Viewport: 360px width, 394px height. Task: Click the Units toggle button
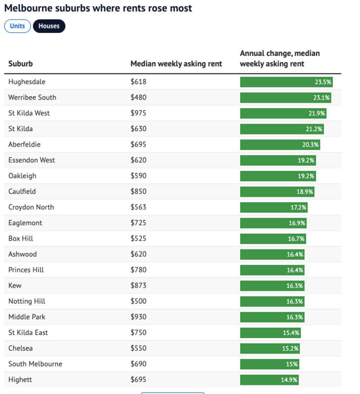coord(17,26)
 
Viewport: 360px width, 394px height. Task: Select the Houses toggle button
coord(49,26)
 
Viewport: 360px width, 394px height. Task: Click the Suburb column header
coord(20,64)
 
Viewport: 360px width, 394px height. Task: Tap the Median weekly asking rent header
coord(176,64)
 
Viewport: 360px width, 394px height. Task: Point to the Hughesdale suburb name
coord(27,82)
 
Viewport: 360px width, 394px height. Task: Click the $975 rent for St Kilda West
coord(138,113)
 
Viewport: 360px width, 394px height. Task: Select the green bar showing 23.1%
coord(285,98)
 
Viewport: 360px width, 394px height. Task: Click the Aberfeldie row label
coord(24,144)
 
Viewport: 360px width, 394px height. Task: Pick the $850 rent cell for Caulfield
coord(138,191)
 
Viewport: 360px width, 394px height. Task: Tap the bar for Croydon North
coord(274,207)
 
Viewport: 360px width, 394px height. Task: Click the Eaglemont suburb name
coord(25,223)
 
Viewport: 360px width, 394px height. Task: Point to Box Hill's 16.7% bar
coord(273,239)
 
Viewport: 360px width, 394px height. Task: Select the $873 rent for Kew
coord(138,285)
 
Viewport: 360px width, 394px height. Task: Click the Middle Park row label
coord(27,317)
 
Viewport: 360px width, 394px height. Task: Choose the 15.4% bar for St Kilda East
coord(270,333)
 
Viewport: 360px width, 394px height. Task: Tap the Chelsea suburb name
coord(20,348)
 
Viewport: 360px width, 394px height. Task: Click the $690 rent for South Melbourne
coord(138,364)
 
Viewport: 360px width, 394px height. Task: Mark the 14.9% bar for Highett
coord(269,380)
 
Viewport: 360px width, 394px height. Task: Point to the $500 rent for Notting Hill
coord(138,301)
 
